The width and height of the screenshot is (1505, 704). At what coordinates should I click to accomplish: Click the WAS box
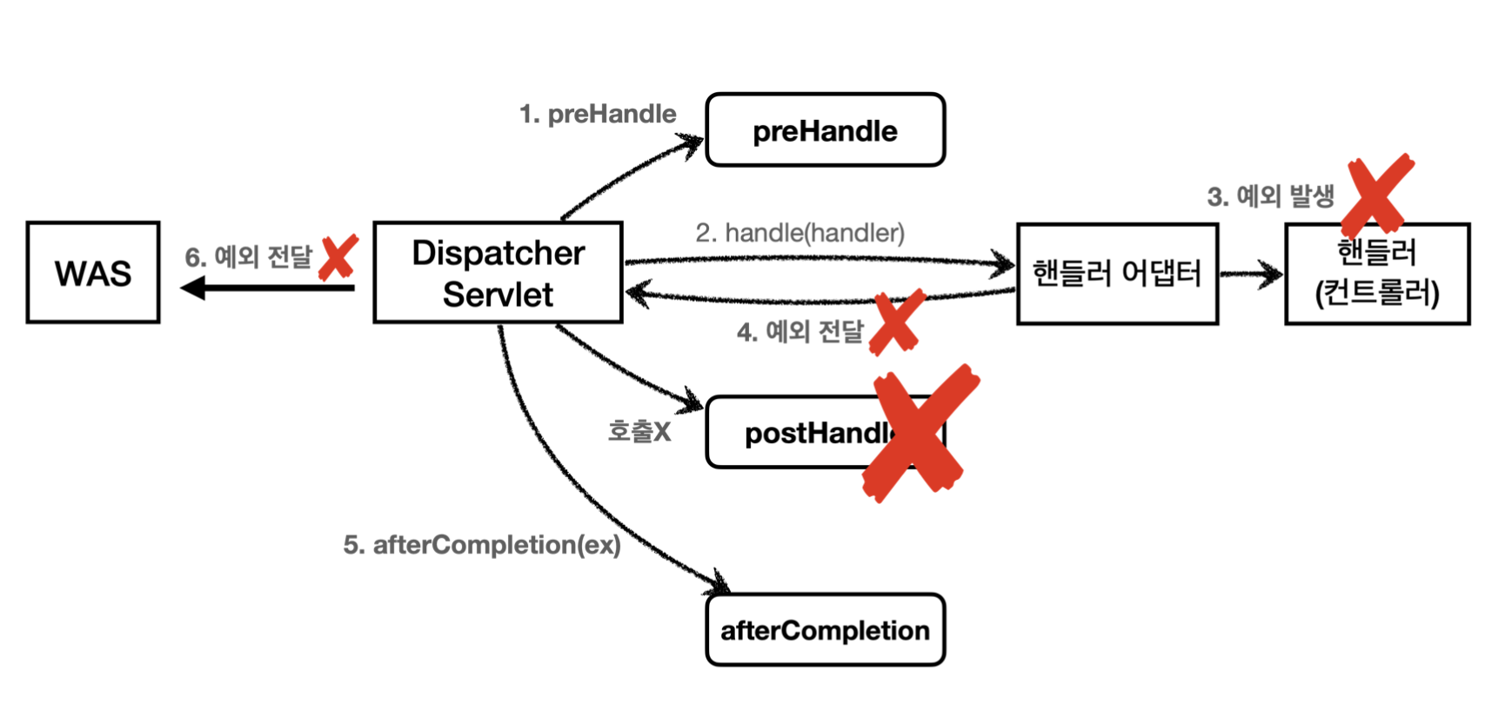pyautogui.click(x=93, y=273)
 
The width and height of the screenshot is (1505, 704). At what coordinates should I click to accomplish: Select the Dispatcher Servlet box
pyautogui.click(x=498, y=273)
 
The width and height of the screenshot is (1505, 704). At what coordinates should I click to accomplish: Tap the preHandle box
pyautogui.click(x=825, y=130)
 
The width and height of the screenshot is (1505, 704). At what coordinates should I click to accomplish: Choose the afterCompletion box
pyautogui.click(x=825, y=630)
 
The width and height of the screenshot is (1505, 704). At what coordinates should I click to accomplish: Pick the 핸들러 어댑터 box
pyautogui.click(x=1117, y=274)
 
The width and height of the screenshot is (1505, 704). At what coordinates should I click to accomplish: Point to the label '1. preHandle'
pyautogui.click(x=598, y=114)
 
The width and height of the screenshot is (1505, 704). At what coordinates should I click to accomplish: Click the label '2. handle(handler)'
pyautogui.click(x=799, y=233)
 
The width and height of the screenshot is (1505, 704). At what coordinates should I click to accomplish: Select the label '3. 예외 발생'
pyautogui.click(x=1270, y=196)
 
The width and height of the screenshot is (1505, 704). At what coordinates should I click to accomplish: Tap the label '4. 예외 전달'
pyautogui.click(x=800, y=332)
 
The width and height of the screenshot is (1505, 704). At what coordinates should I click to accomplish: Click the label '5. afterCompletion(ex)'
pyautogui.click(x=482, y=545)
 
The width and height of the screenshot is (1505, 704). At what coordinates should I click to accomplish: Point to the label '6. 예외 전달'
pyautogui.click(x=248, y=257)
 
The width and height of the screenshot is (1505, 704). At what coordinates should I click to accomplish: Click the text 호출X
pyautogui.click(x=639, y=431)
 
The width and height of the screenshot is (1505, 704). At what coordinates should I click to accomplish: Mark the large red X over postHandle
pyautogui.click(x=920, y=433)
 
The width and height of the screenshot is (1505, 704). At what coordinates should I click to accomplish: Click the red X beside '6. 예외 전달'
pyautogui.click(x=338, y=257)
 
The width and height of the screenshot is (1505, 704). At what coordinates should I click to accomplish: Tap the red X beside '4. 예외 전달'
pyautogui.click(x=897, y=323)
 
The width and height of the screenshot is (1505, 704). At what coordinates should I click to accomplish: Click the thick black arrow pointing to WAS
pyautogui.click(x=267, y=288)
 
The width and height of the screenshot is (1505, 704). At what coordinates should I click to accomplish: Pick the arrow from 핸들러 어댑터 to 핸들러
pyautogui.click(x=1251, y=275)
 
